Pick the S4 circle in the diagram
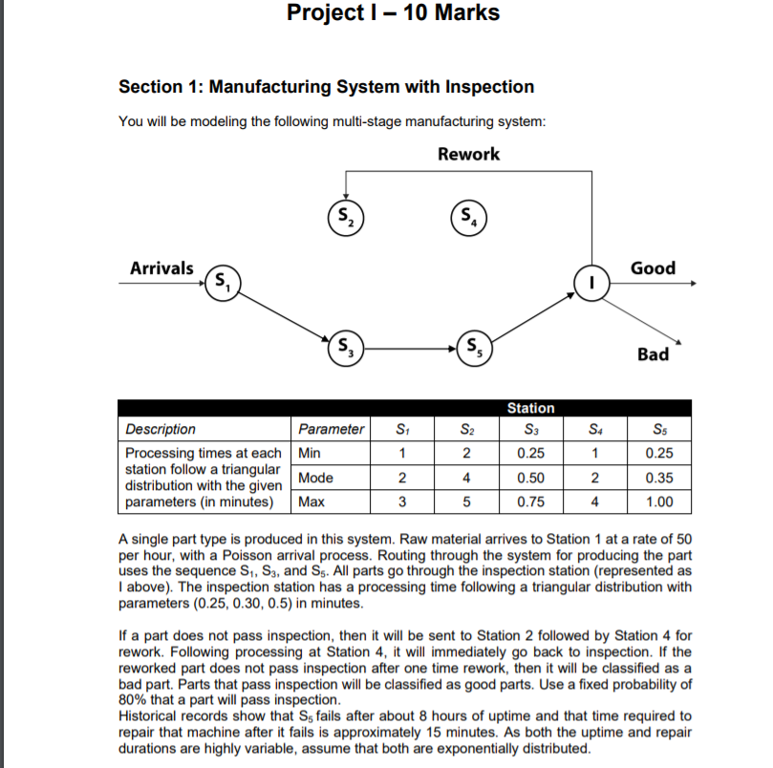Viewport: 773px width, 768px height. [468, 215]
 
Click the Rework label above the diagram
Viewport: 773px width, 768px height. [468, 154]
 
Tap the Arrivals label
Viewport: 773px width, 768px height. [161, 268]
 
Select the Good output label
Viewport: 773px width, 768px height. [653, 268]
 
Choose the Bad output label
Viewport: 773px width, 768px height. [653, 354]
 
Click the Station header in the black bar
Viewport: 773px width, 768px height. [530, 408]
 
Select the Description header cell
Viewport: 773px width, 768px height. [161, 429]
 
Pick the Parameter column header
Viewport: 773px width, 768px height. [331, 429]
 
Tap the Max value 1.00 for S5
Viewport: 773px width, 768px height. [658, 501]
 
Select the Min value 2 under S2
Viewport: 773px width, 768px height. [466, 453]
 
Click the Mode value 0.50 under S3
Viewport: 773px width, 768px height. [530, 477]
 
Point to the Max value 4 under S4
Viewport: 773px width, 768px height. [594, 501]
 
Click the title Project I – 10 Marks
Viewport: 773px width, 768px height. [393, 13]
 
